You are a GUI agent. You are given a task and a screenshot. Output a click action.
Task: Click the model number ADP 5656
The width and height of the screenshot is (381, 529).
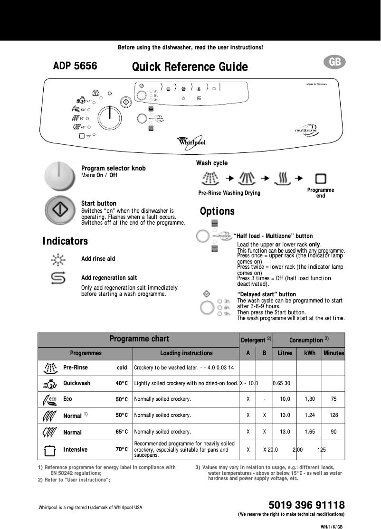[75, 66]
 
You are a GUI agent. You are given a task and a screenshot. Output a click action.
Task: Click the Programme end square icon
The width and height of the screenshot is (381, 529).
[321, 179]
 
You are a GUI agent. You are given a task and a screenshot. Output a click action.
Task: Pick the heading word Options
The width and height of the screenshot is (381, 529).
[217, 211]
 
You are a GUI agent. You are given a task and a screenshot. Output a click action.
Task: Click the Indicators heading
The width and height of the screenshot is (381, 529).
[65, 241]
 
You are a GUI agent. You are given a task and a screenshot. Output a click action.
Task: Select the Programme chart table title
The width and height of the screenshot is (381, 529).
[139, 339]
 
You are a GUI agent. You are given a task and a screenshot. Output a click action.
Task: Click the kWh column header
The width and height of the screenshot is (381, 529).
[309, 353]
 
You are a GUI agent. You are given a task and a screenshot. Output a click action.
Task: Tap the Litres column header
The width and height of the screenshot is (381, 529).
[285, 353]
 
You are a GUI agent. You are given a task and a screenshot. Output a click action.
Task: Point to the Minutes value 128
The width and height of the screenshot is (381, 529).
[333, 415]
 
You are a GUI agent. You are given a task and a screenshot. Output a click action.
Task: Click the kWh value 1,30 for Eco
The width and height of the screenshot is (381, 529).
[310, 399]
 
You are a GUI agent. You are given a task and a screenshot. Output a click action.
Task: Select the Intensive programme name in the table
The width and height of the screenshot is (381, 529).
[75, 450]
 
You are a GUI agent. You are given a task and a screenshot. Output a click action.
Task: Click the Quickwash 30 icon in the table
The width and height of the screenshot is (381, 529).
[50, 383]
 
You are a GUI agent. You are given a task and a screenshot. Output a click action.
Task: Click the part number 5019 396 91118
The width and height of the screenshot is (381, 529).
[306, 505]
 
